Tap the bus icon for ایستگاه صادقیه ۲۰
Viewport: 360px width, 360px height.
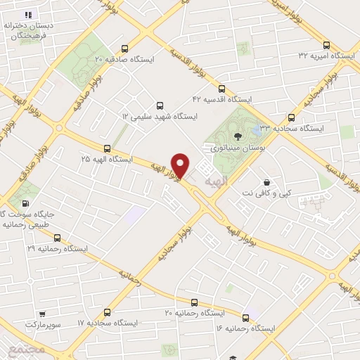pos(125,49)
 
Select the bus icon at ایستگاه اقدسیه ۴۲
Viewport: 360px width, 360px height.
pos(222,89)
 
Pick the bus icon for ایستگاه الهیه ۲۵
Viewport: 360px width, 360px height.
pos(107,148)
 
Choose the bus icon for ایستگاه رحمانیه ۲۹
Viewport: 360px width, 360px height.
pos(58,237)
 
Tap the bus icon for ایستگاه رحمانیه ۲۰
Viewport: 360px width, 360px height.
pos(107,311)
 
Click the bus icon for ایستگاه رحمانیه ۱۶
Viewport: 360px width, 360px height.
pos(245,318)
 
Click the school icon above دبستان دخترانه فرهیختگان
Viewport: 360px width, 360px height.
pos(28,14)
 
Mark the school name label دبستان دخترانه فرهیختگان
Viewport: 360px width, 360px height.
pos(34,30)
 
